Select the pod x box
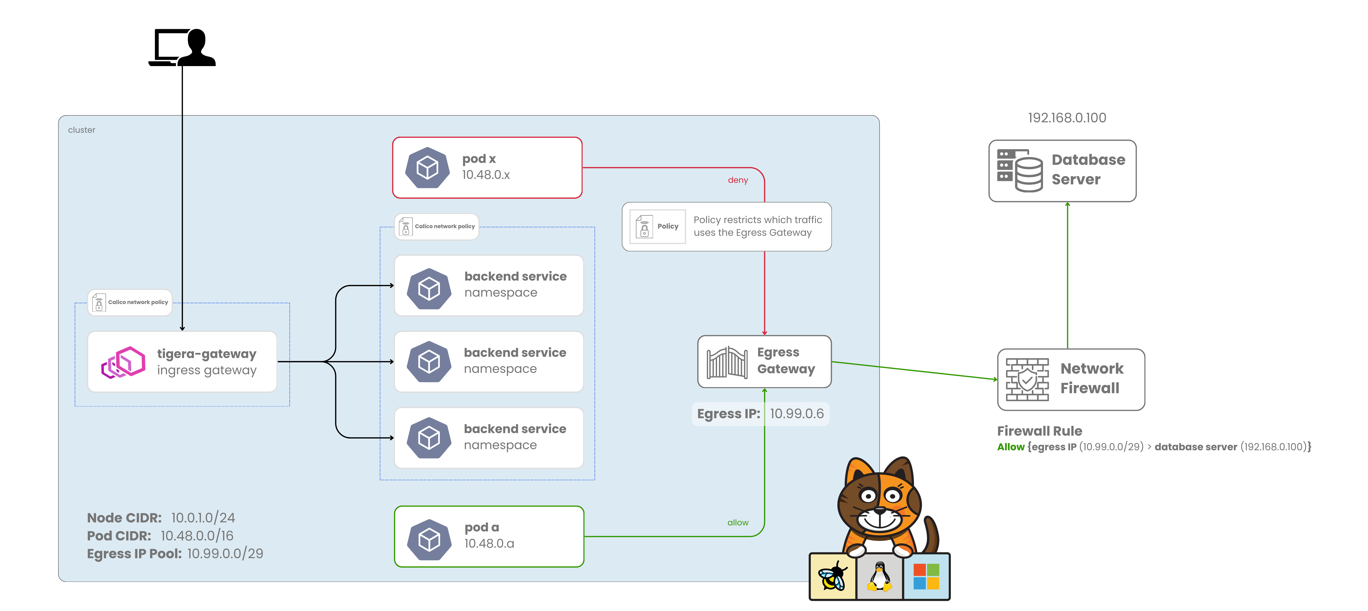(x=487, y=167)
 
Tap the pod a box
(x=489, y=536)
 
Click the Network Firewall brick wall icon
(x=1027, y=379)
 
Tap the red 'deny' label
(x=738, y=180)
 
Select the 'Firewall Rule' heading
(x=1039, y=431)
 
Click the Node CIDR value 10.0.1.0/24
(x=203, y=518)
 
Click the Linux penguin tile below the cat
(x=879, y=576)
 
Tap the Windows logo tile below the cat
(x=926, y=576)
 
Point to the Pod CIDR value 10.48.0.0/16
(x=197, y=536)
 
